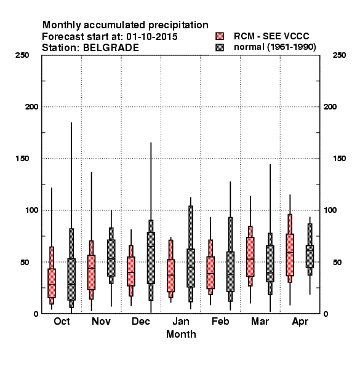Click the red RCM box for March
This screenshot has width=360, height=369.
coord(250,256)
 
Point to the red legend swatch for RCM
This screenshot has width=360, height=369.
coord(220,36)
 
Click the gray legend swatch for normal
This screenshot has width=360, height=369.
coord(220,47)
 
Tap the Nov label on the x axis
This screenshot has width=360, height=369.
coord(102,321)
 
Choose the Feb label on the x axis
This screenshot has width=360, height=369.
coord(220,321)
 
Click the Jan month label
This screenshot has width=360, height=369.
coord(181,321)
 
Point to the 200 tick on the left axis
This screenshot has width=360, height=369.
coord(31,107)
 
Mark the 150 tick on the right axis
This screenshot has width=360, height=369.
coord(339,159)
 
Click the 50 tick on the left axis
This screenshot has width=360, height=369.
coord(34,262)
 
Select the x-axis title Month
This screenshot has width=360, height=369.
coord(181,334)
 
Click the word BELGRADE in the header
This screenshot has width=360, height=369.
coord(111,48)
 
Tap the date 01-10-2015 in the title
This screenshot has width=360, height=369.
coord(152,37)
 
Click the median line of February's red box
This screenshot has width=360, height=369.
coord(210,274)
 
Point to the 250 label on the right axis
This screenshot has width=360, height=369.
coord(339,55)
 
